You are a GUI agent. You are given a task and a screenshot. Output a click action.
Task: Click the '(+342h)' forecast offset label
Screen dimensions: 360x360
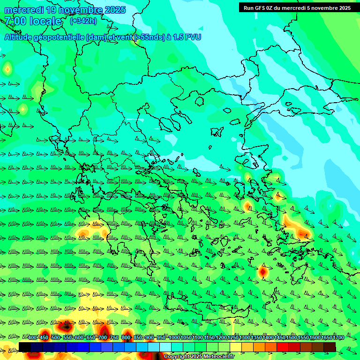(x=83, y=21)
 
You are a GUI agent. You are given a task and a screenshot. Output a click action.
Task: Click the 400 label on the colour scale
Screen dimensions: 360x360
(x=32, y=338)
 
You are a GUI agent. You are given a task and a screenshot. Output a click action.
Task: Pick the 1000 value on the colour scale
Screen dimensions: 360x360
(x=174, y=338)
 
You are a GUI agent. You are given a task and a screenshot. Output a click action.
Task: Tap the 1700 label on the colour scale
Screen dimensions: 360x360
(x=338, y=338)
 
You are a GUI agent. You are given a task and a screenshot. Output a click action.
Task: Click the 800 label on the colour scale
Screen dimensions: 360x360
(x=126, y=338)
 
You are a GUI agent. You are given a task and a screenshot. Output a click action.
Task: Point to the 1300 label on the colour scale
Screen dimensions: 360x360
(x=245, y=338)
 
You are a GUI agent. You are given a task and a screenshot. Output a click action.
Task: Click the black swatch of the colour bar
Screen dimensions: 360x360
(x=25, y=347)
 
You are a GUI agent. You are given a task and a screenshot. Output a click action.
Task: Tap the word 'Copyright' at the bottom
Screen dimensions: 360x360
(x=176, y=356)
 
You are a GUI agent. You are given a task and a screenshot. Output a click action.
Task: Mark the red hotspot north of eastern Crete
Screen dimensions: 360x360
(x=263, y=271)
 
